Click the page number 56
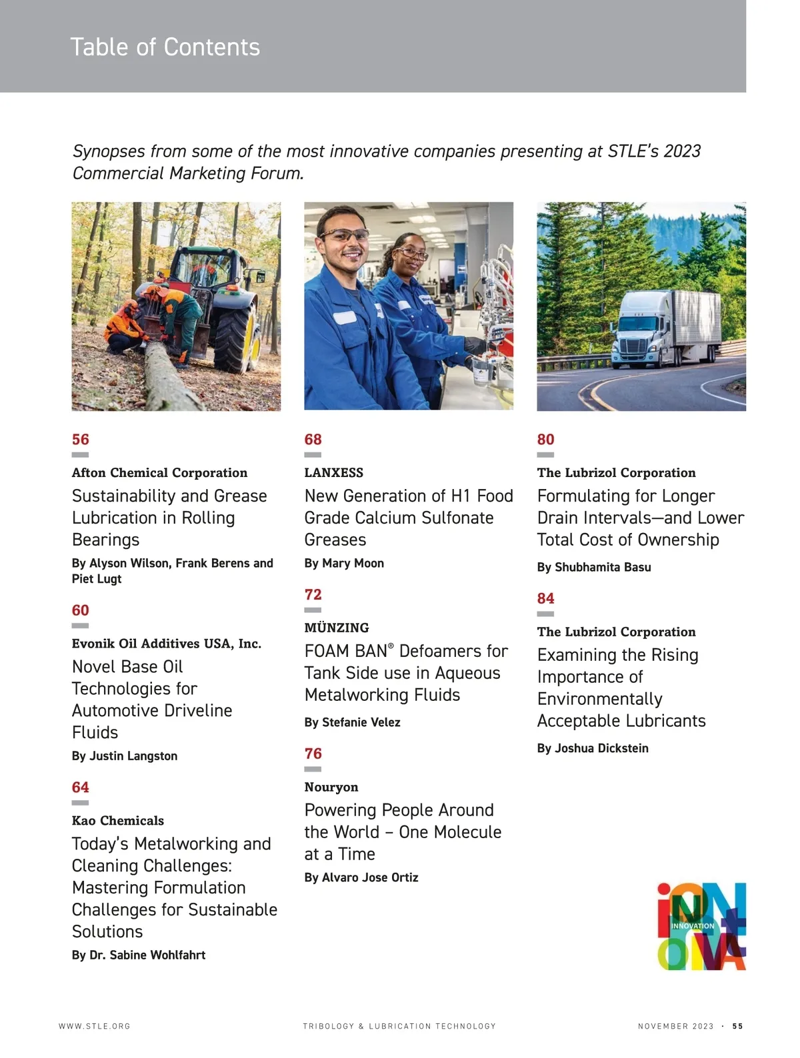80,440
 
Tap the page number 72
313,595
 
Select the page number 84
545,599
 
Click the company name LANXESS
333,473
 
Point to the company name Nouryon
331,788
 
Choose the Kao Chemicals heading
117,821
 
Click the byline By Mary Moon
343,564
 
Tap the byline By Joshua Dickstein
592,749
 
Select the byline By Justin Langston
124,756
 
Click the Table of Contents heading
165,47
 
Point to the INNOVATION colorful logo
701,926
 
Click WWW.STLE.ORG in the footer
94,1027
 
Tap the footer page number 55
737,1027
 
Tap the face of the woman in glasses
409,255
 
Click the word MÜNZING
336,628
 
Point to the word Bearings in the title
105,540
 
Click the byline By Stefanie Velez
352,723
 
